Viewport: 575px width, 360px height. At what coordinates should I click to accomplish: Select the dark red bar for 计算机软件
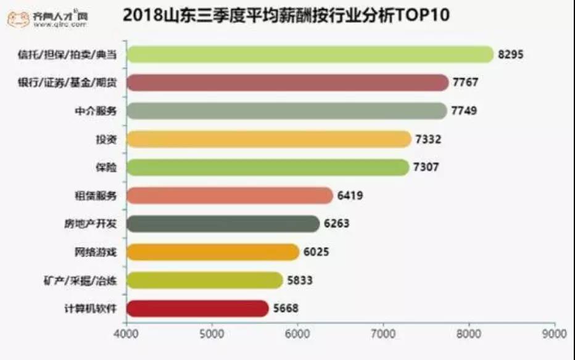coord(197,308)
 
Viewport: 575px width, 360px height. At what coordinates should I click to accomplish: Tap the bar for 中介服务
coord(286,111)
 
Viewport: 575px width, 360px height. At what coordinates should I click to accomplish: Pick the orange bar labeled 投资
coord(268,139)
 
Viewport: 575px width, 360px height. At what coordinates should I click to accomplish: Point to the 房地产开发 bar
coord(223,224)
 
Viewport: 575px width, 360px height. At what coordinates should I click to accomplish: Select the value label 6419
coord(350,196)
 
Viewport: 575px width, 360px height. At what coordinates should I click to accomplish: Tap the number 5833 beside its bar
coord(300,280)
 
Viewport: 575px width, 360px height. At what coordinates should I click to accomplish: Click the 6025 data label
coord(316,252)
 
